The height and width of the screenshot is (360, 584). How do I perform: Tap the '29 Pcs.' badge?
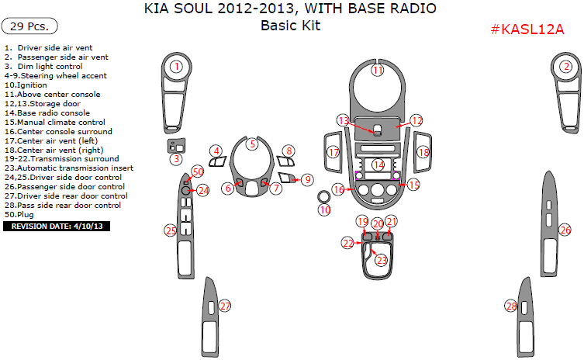coord(29,26)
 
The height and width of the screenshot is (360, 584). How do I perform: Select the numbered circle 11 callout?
coord(378,71)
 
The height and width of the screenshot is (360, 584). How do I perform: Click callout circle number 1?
coord(177,67)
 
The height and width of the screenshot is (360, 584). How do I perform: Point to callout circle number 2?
coord(566,67)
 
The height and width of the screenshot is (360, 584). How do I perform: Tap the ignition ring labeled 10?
coord(324,209)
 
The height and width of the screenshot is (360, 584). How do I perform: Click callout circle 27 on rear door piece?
coord(225,306)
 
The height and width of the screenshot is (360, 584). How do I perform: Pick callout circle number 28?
coord(511,306)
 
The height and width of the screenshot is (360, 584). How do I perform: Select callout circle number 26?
coord(565,230)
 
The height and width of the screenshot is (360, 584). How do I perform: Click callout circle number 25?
coord(171,230)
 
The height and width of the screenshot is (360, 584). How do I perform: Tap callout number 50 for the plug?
coord(198,171)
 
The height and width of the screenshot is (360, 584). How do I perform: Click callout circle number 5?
coord(252,144)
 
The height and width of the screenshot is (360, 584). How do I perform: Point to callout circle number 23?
coord(382,261)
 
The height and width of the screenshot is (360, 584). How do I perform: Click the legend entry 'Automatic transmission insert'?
coord(68,168)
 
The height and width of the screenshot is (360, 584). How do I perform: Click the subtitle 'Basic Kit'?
coord(290,26)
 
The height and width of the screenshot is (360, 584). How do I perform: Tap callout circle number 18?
coord(423,153)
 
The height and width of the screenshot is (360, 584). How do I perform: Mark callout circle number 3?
coord(177,159)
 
